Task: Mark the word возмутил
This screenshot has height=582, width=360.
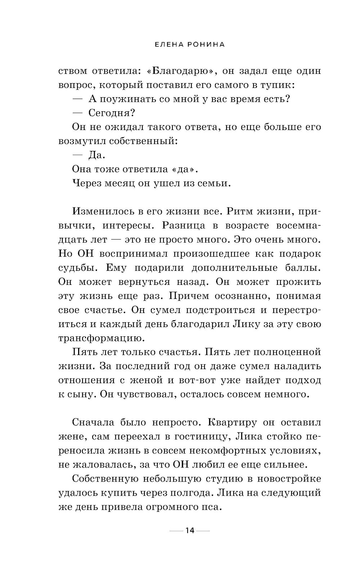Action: [77, 141]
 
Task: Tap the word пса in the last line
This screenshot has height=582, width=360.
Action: [209, 507]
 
